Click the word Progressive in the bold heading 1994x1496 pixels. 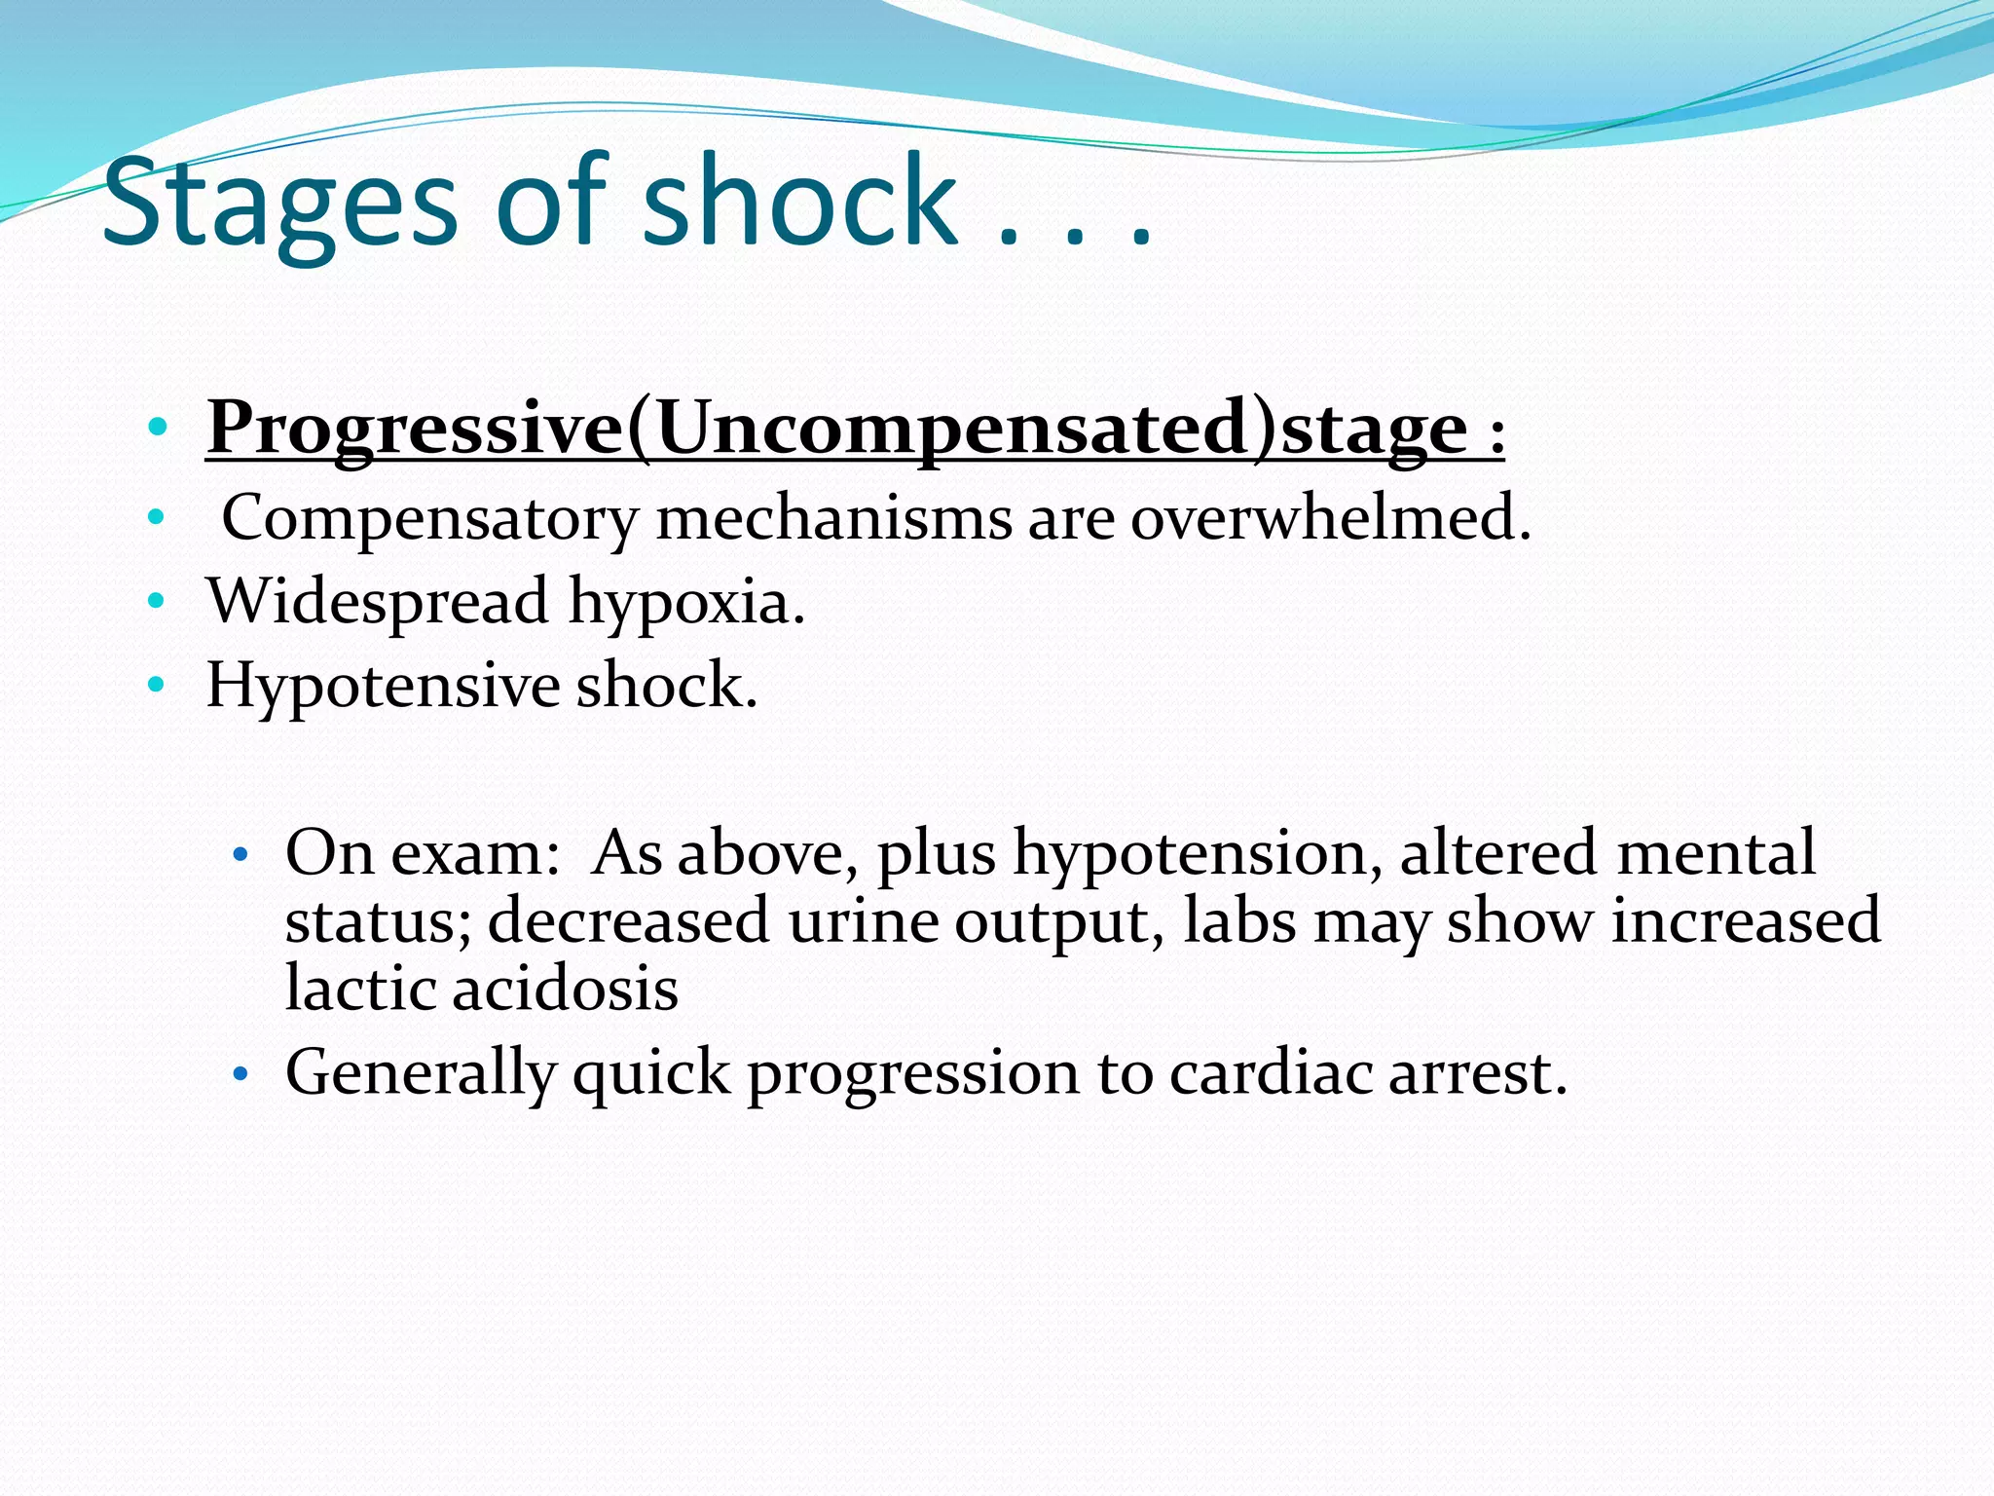[x=415, y=429]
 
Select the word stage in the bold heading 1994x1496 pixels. [x=1374, y=429]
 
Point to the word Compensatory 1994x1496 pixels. [x=429, y=519]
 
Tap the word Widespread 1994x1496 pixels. [x=378, y=601]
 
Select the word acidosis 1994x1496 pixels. [x=566, y=989]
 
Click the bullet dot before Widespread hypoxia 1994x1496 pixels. [x=156, y=602]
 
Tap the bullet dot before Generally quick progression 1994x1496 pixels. [x=240, y=1075]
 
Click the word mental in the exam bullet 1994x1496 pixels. [x=1716, y=853]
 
